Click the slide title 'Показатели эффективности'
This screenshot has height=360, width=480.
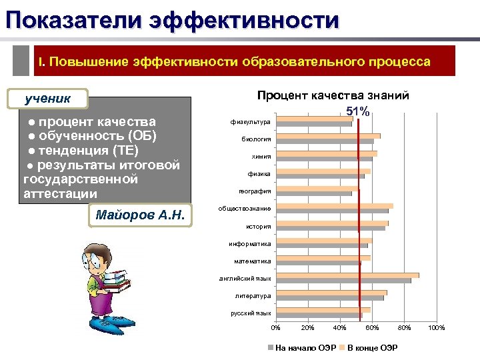coord(172,19)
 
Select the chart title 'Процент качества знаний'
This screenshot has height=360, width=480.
coord(333,96)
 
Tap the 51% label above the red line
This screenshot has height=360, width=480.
coord(358,111)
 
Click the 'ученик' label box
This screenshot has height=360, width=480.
coord(48,99)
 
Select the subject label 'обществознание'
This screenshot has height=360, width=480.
coord(245,209)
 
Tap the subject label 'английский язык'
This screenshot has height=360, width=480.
coord(245,278)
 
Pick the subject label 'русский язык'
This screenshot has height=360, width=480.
coord(251,313)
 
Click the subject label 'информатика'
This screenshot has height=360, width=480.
coord(249,243)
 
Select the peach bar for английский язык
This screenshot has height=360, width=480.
coord(347,275)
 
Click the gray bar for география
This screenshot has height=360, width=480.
coord(314,194)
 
